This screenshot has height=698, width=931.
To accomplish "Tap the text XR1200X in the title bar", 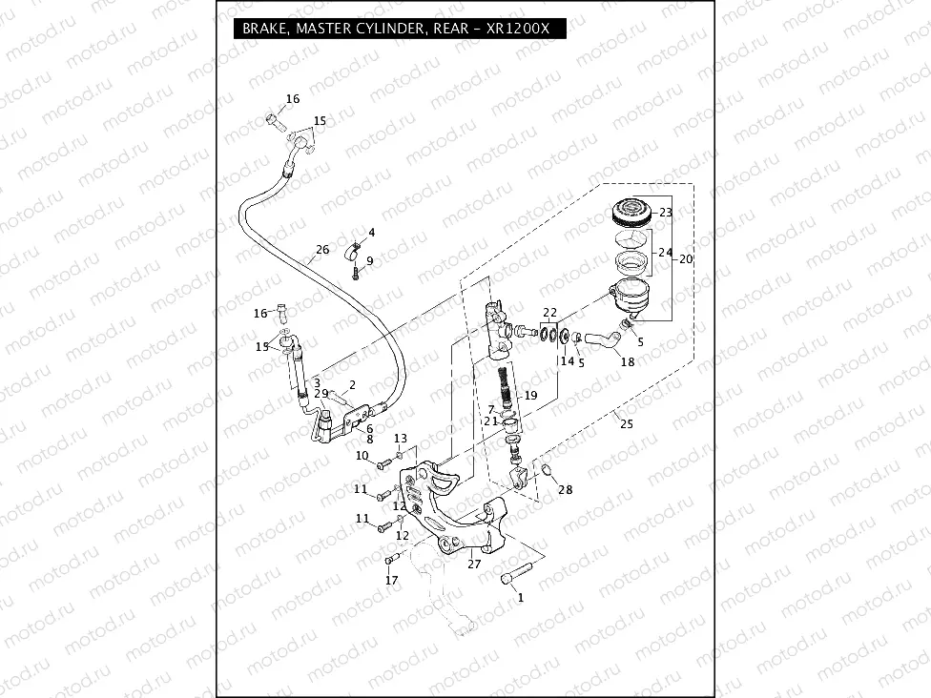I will tap(516, 30).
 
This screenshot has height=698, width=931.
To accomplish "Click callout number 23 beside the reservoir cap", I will tap(666, 212).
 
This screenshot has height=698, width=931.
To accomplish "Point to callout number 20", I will tap(685, 258).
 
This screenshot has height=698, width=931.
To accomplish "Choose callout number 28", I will tap(566, 490).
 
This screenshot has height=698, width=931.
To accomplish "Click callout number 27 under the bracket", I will tap(474, 564).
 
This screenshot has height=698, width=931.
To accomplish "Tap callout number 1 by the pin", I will tap(520, 598).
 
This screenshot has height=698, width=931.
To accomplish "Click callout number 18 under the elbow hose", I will tap(627, 361).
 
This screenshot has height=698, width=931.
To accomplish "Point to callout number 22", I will tap(550, 313).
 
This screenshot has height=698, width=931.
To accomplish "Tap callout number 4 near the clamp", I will tap(371, 233).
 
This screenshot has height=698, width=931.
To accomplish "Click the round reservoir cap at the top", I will tap(630, 211).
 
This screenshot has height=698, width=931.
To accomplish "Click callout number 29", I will tap(321, 394).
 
